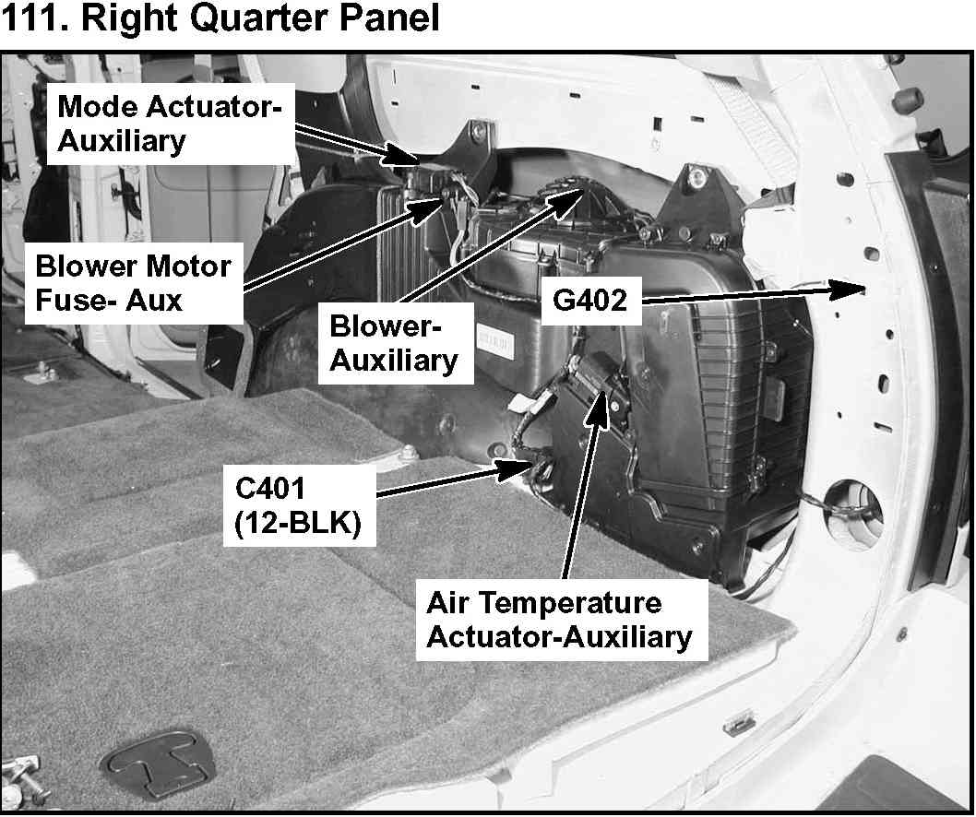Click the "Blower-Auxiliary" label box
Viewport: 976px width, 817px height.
[393, 343]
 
